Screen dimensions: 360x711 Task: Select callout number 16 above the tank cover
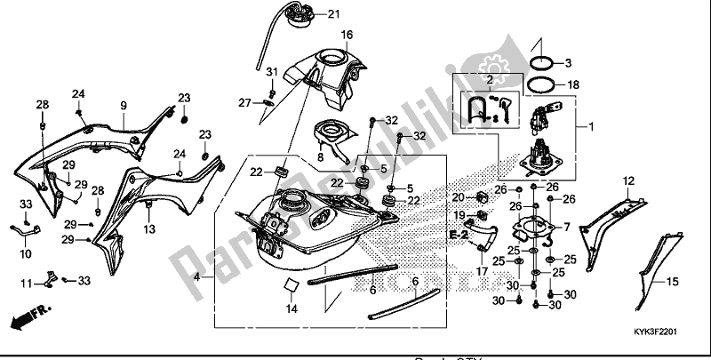click(347, 35)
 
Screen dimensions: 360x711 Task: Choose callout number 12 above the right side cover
click(628, 180)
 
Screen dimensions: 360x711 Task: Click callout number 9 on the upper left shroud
click(124, 105)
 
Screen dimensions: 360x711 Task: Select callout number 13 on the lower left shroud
click(148, 229)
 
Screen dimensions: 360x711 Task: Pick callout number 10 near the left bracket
click(26, 253)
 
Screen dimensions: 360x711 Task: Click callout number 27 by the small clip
click(246, 103)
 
